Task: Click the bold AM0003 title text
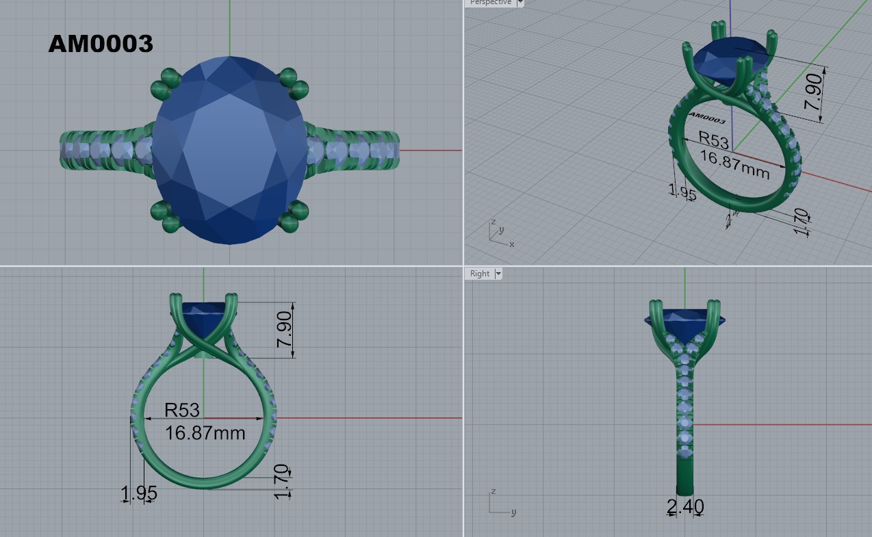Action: coord(101,44)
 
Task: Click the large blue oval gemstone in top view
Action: coord(229,150)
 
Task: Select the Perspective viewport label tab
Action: coord(491,3)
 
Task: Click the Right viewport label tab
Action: coord(480,274)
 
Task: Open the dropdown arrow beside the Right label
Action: coord(498,274)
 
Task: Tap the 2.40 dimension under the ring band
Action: coord(685,507)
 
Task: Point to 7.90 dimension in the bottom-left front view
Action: coord(285,329)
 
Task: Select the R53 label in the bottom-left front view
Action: coord(182,410)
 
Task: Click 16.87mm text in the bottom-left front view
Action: coord(205,432)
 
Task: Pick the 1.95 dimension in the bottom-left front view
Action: coord(139,493)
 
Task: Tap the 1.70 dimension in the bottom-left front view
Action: coord(281,481)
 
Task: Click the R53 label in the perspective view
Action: coord(713,141)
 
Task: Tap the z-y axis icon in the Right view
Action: coord(500,503)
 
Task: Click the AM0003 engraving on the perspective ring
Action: coord(707,117)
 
